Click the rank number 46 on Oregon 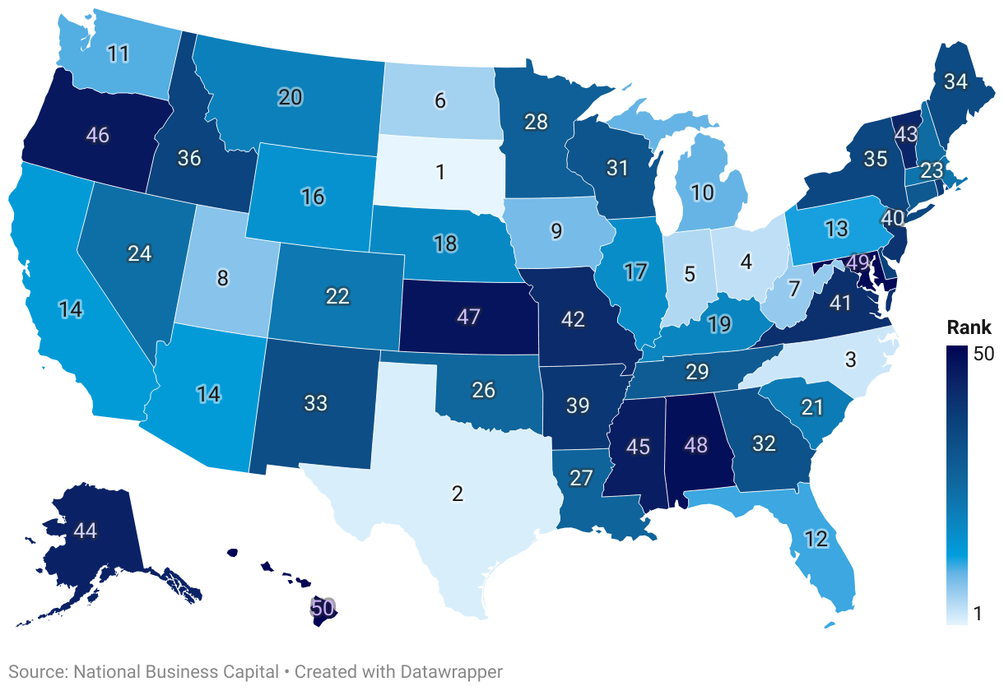click(98, 136)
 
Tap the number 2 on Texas click(458, 494)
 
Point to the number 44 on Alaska click(85, 531)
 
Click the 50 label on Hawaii click(323, 609)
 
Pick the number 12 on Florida click(816, 540)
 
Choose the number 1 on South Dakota click(440, 172)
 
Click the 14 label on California click(70, 309)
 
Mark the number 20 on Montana click(290, 97)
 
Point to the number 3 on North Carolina click(851, 359)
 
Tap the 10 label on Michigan click(702, 193)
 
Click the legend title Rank click(969, 327)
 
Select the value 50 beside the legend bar click(984, 354)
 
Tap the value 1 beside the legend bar click(978, 614)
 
